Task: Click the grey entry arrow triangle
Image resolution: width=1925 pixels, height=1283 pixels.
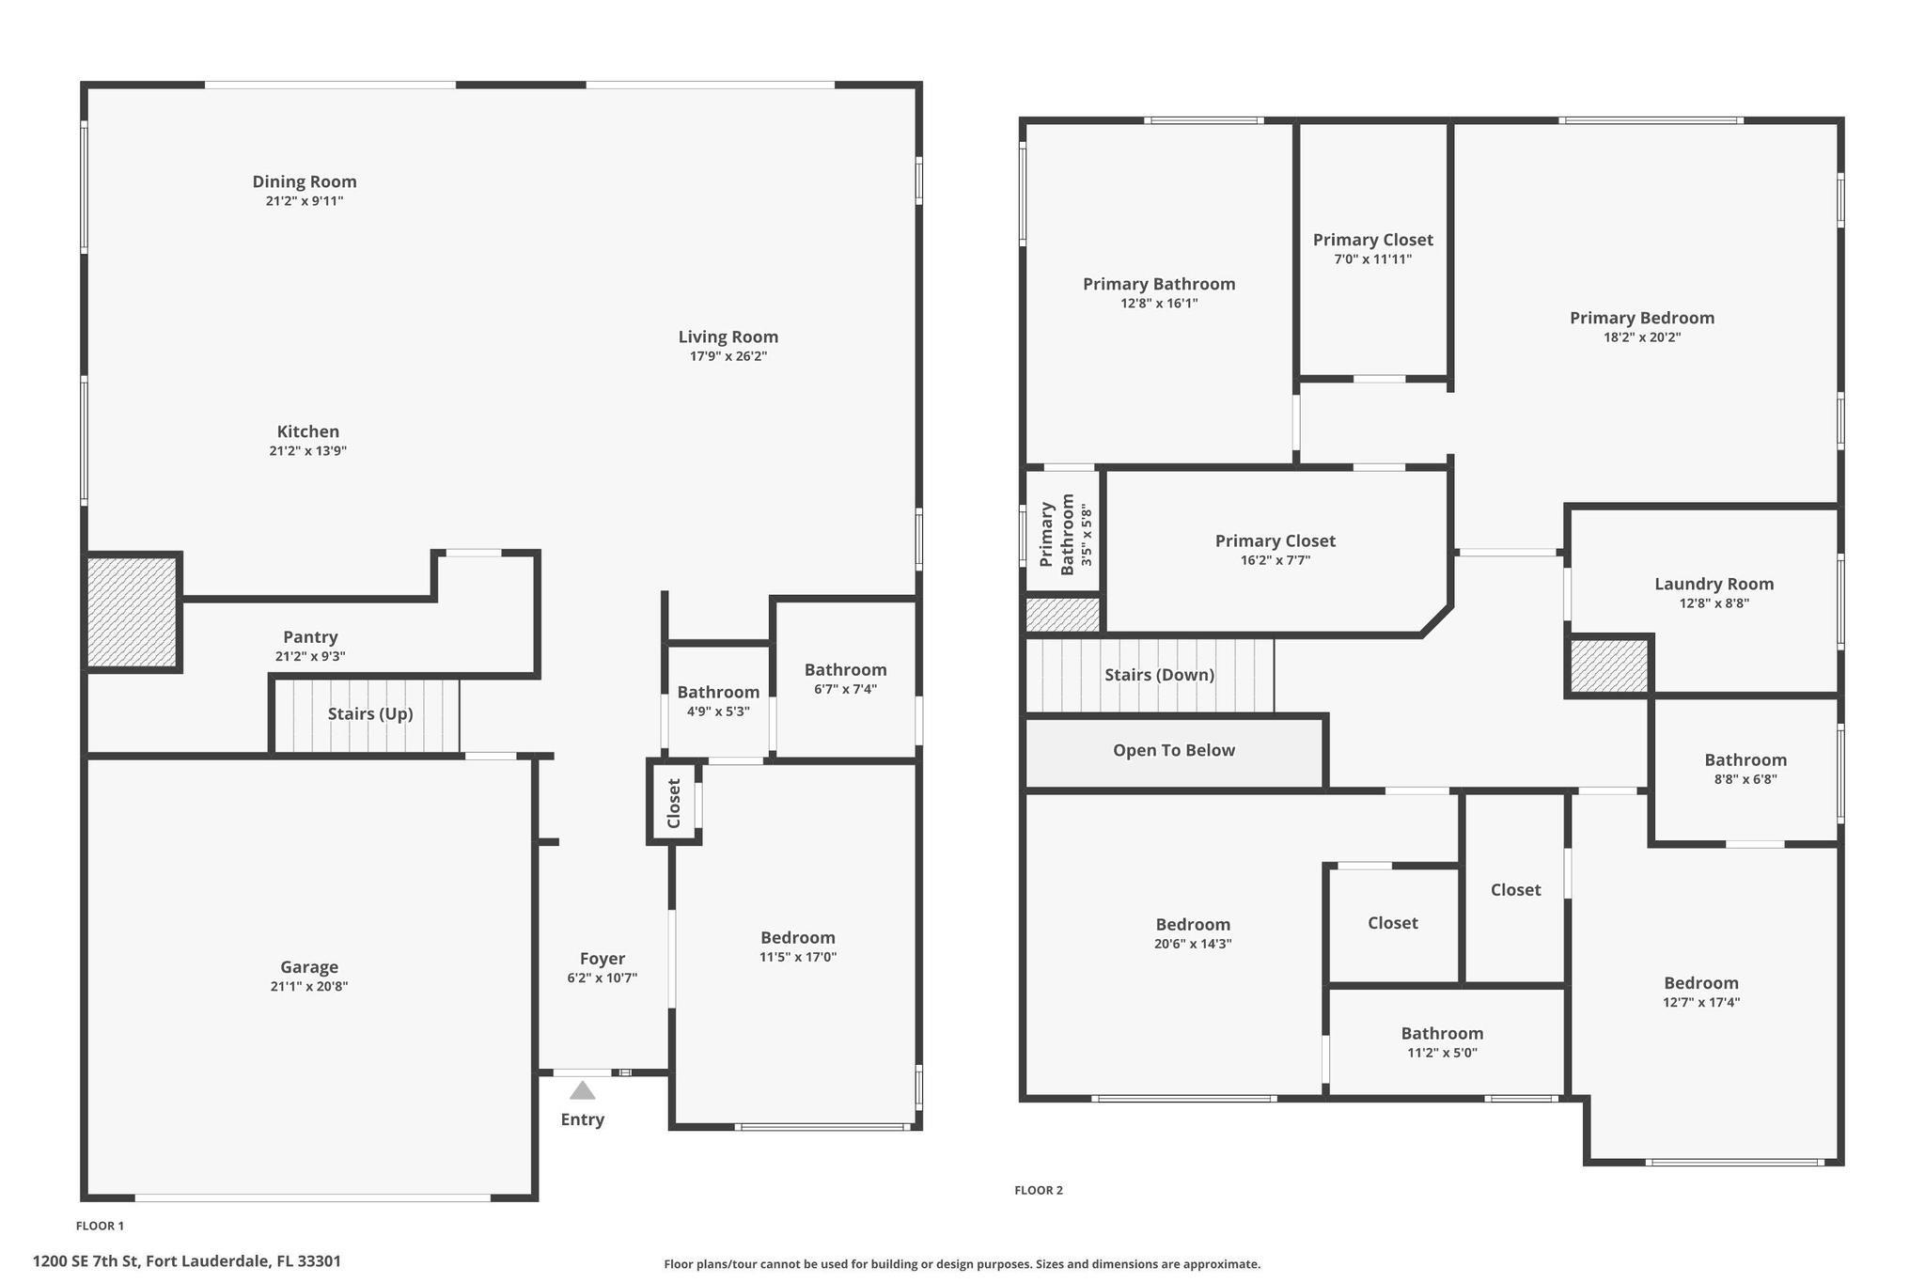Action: [x=582, y=1090]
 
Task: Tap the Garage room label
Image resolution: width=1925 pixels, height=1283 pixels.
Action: [x=308, y=967]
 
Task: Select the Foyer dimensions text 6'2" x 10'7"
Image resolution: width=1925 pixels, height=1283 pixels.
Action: [x=602, y=978]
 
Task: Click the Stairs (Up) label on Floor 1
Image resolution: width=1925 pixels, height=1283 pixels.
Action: [x=370, y=714]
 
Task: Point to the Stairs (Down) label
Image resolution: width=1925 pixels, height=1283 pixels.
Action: [x=1159, y=675]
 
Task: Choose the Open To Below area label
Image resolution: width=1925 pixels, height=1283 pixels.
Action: [x=1173, y=750]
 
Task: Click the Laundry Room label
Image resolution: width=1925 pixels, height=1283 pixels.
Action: [x=1714, y=584]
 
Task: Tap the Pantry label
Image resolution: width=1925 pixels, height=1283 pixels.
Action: [x=310, y=637]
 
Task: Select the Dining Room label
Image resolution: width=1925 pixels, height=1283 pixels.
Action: [x=305, y=181]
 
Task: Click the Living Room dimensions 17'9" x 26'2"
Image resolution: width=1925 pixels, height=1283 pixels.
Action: [x=728, y=356]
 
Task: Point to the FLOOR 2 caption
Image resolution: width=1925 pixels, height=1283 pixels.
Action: [x=1038, y=1190]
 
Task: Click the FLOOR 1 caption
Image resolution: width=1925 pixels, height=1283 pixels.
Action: [x=100, y=1226]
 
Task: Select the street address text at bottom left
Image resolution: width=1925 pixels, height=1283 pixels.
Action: [x=187, y=1261]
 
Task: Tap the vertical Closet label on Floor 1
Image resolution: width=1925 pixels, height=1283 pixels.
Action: [x=673, y=803]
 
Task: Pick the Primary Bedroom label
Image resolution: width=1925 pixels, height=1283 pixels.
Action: [x=1641, y=318]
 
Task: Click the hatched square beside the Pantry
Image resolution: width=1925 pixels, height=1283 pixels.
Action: [x=132, y=613]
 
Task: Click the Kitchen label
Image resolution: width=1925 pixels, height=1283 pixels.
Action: [x=307, y=431]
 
